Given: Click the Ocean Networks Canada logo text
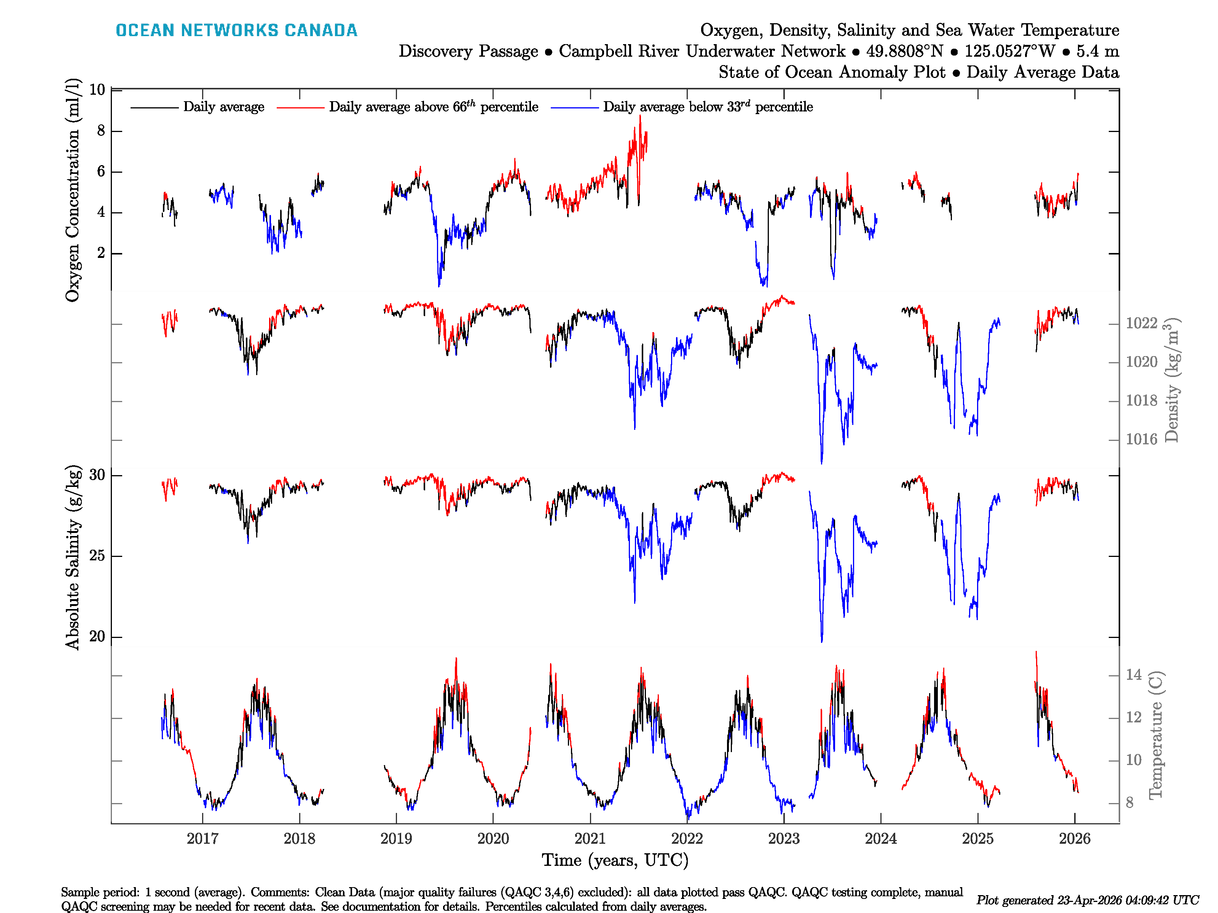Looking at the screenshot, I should [236, 30].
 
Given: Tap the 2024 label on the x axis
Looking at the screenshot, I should [880, 839].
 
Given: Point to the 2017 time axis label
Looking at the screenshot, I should [202, 839].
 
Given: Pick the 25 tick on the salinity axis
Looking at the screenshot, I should [97, 556].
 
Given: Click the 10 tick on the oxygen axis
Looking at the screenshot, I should [97, 90].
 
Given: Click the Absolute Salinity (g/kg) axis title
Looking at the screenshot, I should [73, 557].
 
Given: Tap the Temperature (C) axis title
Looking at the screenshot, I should [1155, 735].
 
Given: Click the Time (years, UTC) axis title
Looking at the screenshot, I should [615, 860].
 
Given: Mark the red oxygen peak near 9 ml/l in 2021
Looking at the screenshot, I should [640, 117].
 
